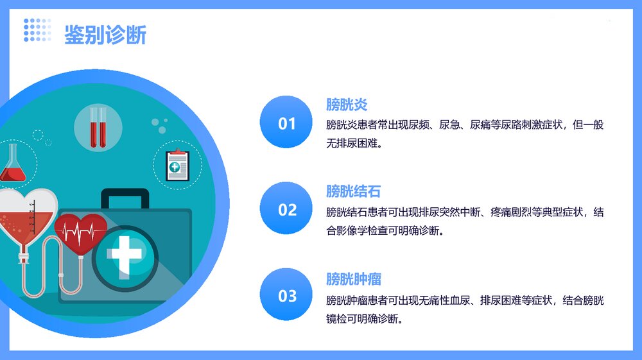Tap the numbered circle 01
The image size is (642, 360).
click(287, 123)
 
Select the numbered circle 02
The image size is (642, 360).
click(287, 210)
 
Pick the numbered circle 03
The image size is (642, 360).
click(287, 296)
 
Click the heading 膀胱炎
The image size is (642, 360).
click(346, 105)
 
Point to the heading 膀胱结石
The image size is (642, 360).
click(353, 191)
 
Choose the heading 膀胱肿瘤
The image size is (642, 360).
click(353, 279)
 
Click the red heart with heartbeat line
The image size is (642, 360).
click(81, 232)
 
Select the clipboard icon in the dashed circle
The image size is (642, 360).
click(177, 165)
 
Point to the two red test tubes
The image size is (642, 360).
click(98, 128)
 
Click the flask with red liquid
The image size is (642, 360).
click(12, 164)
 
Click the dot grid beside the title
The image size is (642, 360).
click(37, 30)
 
